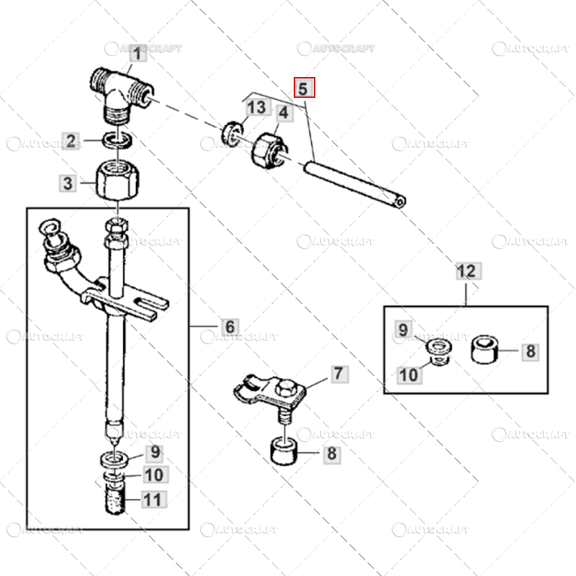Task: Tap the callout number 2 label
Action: (x=71, y=141)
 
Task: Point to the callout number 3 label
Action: (x=68, y=183)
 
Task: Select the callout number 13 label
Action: (x=257, y=109)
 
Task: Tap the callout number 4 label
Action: (x=283, y=113)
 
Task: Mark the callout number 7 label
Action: (x=338, y=374)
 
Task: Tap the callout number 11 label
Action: (x=154, y=498)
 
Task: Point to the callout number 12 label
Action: (x=467, y=271)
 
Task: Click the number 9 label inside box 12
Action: (x=404, y=330)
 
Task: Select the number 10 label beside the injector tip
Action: (x=154, y=475)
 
